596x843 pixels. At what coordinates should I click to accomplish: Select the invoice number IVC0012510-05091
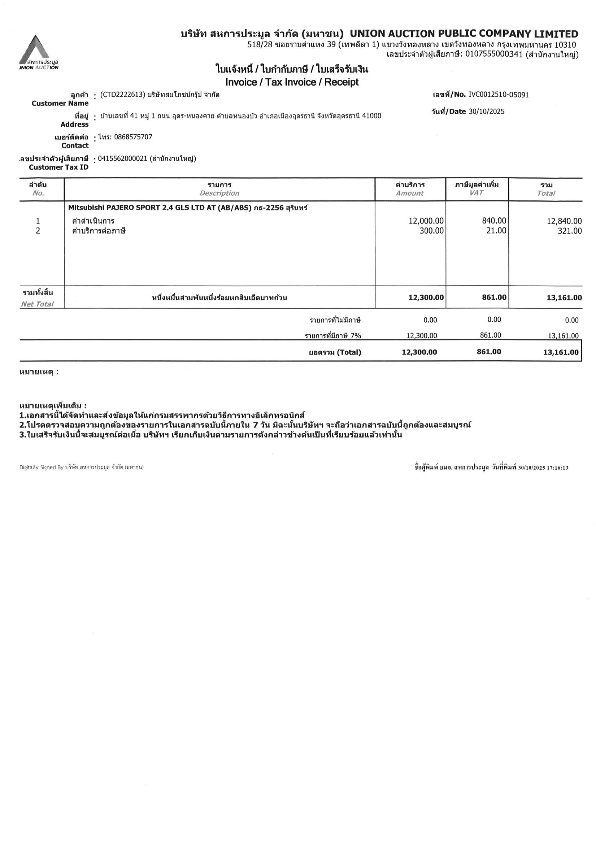pos(498,95)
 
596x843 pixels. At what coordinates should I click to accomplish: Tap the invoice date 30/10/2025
pos(486,112)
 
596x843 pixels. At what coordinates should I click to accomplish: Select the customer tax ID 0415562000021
pos(123,158)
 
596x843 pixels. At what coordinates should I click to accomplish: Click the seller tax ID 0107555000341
pos(493,55)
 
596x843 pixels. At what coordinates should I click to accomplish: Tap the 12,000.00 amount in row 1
pos(426,221)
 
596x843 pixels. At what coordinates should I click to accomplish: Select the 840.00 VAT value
pos(493,221)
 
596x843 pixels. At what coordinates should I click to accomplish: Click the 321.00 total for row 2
pos(569,231)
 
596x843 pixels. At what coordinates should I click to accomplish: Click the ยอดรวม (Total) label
pos(335,352)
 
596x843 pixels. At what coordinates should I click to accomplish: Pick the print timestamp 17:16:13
pos(558,468)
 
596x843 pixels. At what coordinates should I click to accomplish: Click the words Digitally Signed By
pos(42,468)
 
